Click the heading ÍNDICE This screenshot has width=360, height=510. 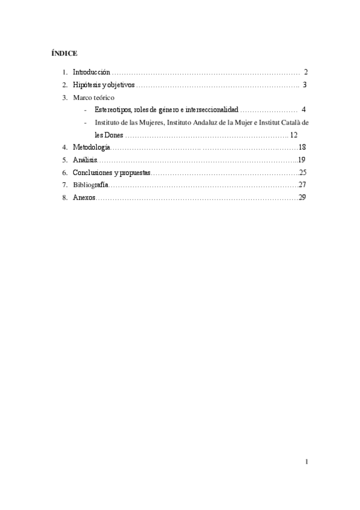tap(61, 54)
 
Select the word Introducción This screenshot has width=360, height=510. tap(91, 72)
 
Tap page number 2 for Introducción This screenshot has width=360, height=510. tap(306, 72)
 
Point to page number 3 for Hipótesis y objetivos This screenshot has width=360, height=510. tap(305, 85)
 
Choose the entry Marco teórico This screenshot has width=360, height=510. tap(93, 97)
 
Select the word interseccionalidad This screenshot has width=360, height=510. tap(213, 110)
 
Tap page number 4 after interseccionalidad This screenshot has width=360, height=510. tap(304, 110)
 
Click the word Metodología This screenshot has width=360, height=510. tap(91, 147)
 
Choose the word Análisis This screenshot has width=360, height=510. tap(85, 160)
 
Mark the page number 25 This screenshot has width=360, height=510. tap(303, 173)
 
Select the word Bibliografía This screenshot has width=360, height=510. tap(91, 185)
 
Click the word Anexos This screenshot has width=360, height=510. tap(84, 198)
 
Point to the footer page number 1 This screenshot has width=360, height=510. tap(306, 462)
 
